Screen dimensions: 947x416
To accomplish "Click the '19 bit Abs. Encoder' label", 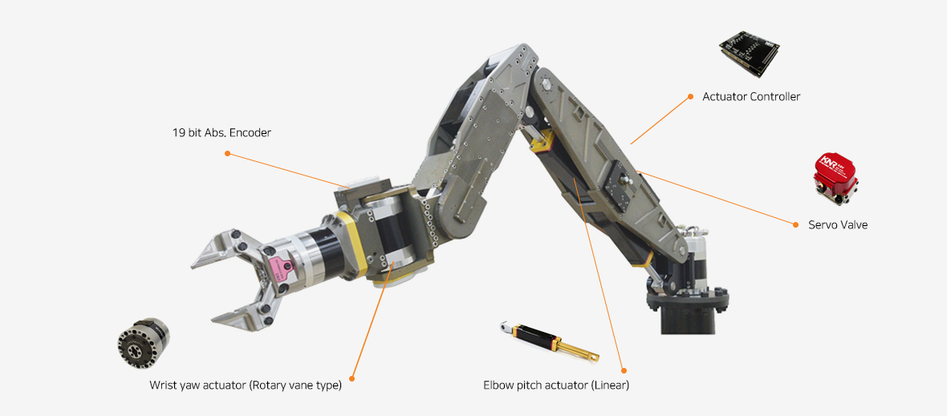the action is [222, 132].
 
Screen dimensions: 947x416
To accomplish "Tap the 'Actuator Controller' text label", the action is [751, 96].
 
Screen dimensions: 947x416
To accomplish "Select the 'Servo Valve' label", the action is [838, 225].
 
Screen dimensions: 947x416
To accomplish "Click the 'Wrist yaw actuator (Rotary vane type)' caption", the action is [246, 386].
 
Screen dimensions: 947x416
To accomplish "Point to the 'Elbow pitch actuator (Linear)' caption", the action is [556, 386].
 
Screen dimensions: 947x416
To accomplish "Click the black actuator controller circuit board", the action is [749, 57].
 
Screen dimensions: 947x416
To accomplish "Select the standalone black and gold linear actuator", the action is [549, 342].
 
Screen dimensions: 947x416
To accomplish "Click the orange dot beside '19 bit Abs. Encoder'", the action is [227, 153].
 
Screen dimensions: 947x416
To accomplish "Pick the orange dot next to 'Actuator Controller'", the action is [690, 96].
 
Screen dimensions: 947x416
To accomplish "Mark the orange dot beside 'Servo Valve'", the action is [795, 225].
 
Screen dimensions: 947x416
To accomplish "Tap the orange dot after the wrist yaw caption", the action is [352, 379].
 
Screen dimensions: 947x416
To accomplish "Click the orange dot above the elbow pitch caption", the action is [624, 370].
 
